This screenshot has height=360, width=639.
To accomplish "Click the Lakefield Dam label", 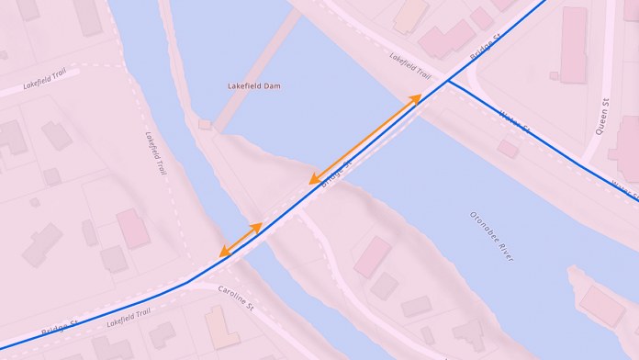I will (254, 86).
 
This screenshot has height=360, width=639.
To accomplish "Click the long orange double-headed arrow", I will (365, 139).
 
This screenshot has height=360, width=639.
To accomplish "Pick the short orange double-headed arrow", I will (241, 240).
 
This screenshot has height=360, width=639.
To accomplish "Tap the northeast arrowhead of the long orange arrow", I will (418, 97).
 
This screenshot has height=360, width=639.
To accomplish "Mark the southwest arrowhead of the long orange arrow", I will (313, 181).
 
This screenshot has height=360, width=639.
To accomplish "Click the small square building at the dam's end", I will (205, 124).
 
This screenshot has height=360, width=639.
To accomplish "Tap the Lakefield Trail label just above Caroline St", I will (129, 318).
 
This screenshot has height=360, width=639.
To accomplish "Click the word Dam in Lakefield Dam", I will (271, 86).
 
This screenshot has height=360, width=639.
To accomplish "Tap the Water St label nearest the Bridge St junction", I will (515, 121).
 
